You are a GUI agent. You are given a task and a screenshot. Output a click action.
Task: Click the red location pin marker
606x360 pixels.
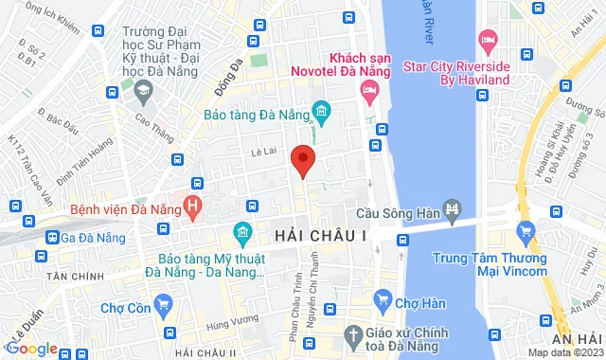tap(302, 161)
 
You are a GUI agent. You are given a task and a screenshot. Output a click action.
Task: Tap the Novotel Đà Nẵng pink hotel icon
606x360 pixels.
tap(369, 90)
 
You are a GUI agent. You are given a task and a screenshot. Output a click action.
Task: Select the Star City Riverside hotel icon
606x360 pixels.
tap(488, 41)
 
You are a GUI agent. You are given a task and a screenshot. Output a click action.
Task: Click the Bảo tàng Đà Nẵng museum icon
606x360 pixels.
tap(321, 115)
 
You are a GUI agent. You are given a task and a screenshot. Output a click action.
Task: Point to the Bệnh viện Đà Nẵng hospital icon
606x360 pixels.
tap(193, 205)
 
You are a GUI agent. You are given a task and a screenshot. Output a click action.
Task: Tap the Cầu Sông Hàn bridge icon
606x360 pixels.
tap(453, 210)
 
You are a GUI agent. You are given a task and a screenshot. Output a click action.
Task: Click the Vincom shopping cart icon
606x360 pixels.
tap(526, 230)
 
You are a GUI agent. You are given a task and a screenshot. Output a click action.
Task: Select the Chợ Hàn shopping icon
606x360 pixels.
tap(383, 302)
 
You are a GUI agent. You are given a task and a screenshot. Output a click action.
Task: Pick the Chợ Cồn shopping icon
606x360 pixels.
tap(164, 304)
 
